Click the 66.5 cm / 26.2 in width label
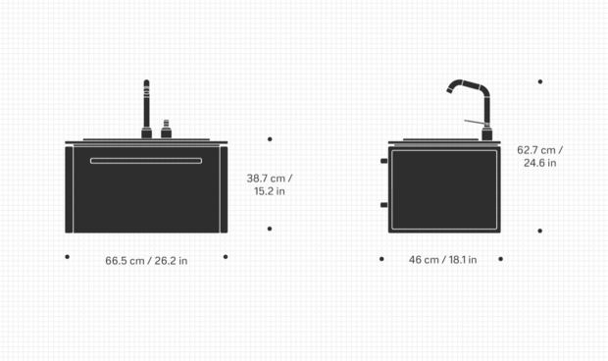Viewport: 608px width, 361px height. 146,261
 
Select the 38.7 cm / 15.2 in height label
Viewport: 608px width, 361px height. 270,184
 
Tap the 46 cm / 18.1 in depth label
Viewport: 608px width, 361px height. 443,259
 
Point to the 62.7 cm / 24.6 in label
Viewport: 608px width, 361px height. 539,156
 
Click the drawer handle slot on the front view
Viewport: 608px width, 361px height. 146,161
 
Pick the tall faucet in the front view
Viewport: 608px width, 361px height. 146,109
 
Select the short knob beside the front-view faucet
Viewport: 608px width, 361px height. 167,129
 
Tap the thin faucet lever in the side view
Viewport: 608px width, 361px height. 475,123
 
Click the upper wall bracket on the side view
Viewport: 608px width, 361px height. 383,161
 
